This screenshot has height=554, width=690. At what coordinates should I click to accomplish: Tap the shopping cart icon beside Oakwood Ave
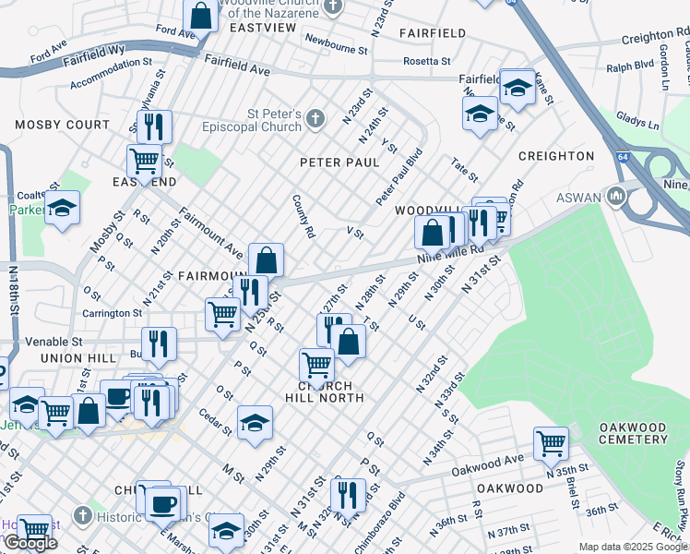coord(551,442)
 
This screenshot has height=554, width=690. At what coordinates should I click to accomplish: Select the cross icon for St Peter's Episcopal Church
coord(315,118)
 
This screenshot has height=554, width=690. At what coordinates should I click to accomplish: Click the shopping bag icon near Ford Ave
coord(200,15)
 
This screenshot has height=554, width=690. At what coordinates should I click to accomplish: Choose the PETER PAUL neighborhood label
coord(339,163)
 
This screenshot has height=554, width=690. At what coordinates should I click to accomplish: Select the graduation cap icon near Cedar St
coord(255,422)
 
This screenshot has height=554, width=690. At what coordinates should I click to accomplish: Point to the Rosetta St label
coord(426,62)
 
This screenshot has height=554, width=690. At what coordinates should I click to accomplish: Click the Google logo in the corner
coord(30,544)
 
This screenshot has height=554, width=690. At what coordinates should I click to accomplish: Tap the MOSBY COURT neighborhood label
coord(62,125)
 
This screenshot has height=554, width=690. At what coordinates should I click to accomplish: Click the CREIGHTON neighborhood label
coord(556,156)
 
